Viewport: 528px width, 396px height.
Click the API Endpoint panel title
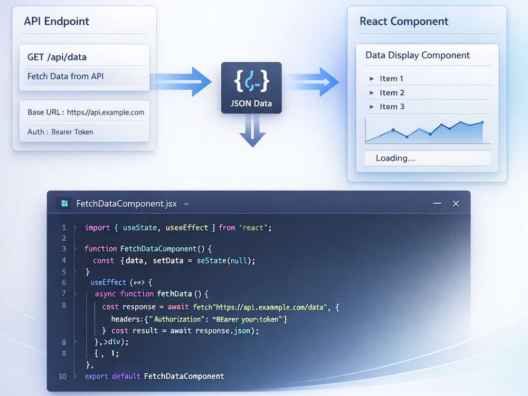pyautogui.click(x=56, y=21)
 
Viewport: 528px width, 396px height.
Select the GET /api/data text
pyautogui.click(x=57, y=57)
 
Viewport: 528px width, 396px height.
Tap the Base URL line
pyautogui.click(x=86, y=112)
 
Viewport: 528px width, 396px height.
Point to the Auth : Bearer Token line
pyautogui.click(x=60, y=132)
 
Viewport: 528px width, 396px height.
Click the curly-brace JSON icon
pyautogui.click(x=251, y=81)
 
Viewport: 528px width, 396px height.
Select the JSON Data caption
pyautogui.click(x=251, y=103)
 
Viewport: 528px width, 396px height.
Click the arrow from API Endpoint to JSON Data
pyautogui.click(x=181, y=82)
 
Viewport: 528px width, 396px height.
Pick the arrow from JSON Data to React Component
pyautogui.click(x=310, y=82)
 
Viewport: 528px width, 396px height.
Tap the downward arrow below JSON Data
pyautogui.click(x=252, y=130)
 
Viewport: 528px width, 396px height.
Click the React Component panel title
pyautogui.click(x=404, y=21)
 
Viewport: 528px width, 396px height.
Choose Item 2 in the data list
pyautogui.click(x=392, y=92)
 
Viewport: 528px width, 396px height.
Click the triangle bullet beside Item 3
pyautogui.click(x=372, y=107)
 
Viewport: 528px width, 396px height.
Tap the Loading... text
pyautogui.click(x=395, y=158)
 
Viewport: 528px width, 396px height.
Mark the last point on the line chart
pyautogui.click(x=483, y=122)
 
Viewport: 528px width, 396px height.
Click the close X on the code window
pyautogui.click(x=456, y=203)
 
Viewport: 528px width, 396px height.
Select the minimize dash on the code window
pyautogui.click(x=437, y=203)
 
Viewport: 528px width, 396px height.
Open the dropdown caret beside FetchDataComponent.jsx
pyautogui.click(x=186, y=204)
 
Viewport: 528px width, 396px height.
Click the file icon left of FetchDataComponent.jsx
pyautogui.click(x=64, y=203)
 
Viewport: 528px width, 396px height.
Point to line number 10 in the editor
pyautogui.click(x=63, y=376)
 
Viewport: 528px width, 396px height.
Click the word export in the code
pyautogui.click(x=97, y=376)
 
